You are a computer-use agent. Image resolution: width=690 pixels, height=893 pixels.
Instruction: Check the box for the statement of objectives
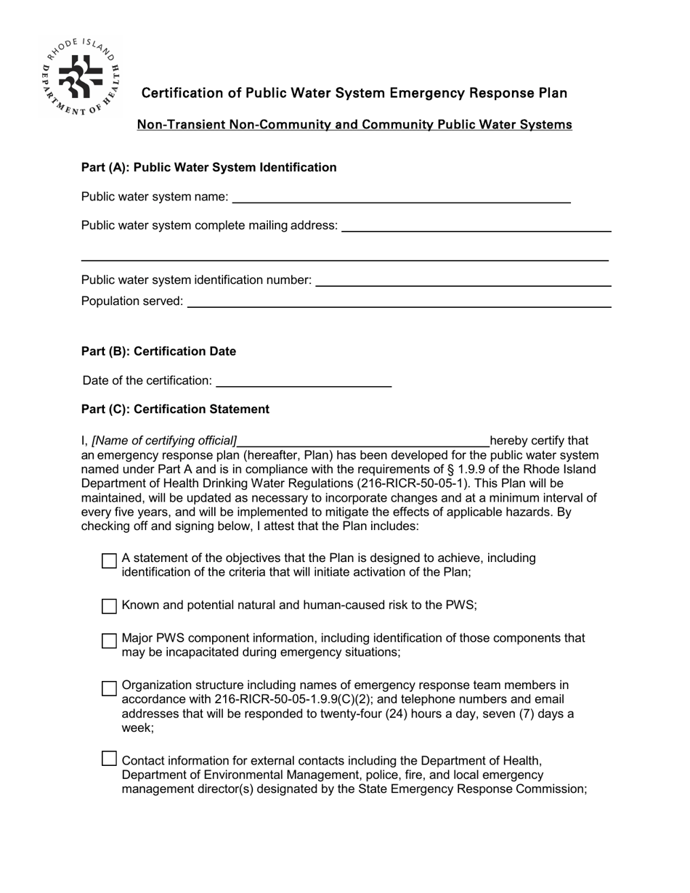[x=109, y=560]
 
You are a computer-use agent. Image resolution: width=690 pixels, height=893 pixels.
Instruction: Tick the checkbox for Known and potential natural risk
[x=109, y=605]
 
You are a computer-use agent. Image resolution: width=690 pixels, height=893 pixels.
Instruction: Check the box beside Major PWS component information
[x=109, y=640]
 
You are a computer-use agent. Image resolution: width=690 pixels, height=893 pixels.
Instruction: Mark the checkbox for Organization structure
[x=109, y=688]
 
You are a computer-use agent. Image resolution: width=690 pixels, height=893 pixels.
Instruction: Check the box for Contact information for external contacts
[x=109, y=759]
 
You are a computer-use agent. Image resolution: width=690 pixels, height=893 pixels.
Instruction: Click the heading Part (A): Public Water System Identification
[x=208, y=168]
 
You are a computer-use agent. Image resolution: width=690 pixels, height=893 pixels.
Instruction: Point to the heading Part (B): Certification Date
[x=158, y=351]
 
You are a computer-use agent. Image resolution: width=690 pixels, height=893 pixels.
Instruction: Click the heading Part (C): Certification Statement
[x=175, y=409]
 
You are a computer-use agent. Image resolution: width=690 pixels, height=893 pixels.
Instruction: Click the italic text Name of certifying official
[x=164, y=441]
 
